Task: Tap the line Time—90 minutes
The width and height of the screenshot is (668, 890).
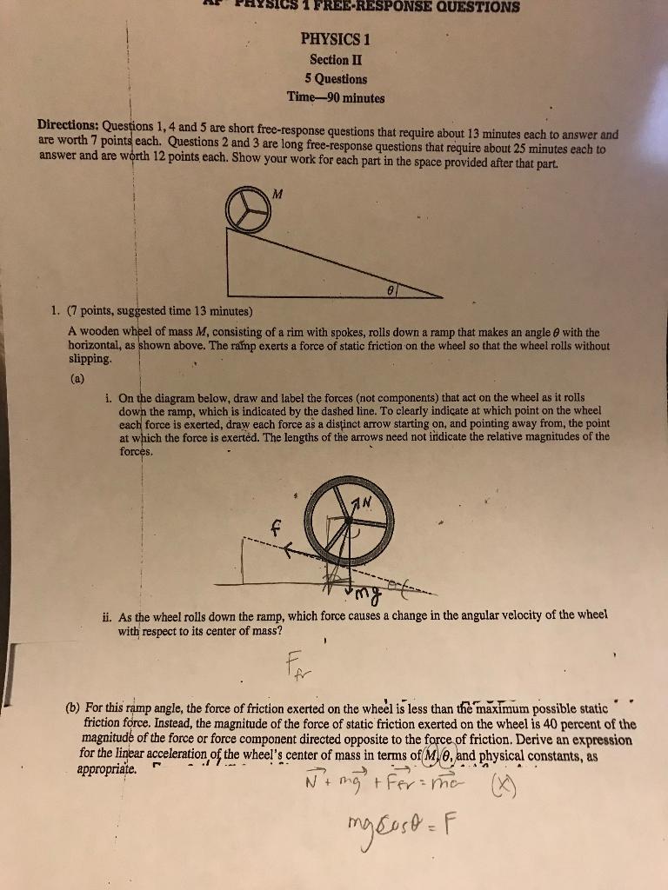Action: tap(336, 97)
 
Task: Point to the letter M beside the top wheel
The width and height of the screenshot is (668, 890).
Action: tap(277, 193)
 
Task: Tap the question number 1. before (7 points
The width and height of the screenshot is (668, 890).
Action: tap(55, 311)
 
